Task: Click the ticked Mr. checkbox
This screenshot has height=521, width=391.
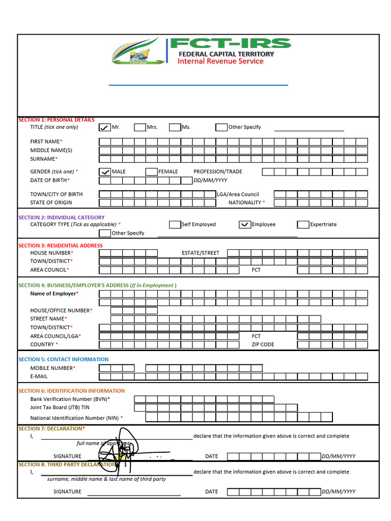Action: click(104, 127)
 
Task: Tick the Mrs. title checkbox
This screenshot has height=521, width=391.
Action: click(140, 127)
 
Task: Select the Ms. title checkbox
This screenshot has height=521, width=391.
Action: click(175, 127)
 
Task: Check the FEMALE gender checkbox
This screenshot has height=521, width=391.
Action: click(151, 172)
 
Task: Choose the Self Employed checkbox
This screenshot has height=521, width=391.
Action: click(175, 224)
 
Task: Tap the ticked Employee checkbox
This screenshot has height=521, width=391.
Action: click(244, 224)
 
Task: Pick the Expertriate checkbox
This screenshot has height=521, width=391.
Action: click(303, 224)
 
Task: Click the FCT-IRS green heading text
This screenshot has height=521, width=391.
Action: click(231, 44)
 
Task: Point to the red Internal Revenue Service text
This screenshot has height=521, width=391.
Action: click(220, 62)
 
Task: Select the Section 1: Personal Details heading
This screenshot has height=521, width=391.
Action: click(57, 120)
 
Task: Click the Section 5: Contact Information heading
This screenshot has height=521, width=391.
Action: click(64, 359)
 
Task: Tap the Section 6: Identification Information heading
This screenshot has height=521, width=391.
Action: click(71, 391)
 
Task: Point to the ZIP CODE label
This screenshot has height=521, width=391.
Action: click(263, 344)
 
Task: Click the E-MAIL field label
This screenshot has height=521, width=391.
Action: click(39, 377)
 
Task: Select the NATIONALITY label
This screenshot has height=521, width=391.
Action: click(245, 202)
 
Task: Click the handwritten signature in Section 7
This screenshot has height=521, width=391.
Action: click(122, 448)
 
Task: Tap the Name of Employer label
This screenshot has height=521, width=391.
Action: click(54, 294)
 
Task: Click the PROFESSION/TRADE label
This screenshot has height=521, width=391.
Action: click(218, 172)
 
